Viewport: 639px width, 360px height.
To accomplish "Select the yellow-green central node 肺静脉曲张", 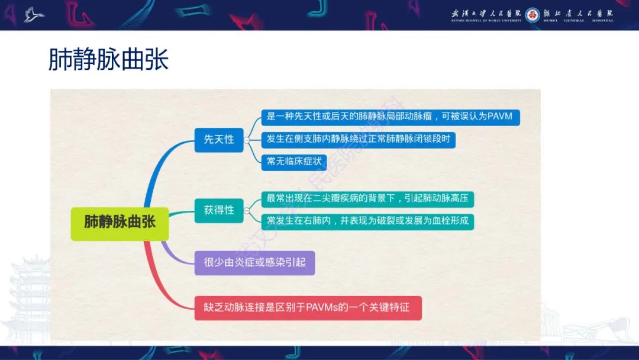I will [120, 223].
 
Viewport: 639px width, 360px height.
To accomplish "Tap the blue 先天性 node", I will [219, 140].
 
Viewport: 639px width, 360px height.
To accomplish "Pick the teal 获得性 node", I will [219, 210].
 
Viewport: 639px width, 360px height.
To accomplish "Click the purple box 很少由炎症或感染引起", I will [254, 262].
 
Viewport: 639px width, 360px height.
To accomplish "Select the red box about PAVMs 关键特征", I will [308, 308].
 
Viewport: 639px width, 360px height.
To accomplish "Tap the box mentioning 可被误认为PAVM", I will [390, 117].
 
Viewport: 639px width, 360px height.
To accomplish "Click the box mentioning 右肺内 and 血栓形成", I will [367, 221].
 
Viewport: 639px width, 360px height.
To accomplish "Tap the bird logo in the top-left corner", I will [34, 14].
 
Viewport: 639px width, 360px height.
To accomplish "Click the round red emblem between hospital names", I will [532, 14].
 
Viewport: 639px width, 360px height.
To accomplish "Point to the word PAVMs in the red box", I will [322, 308].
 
